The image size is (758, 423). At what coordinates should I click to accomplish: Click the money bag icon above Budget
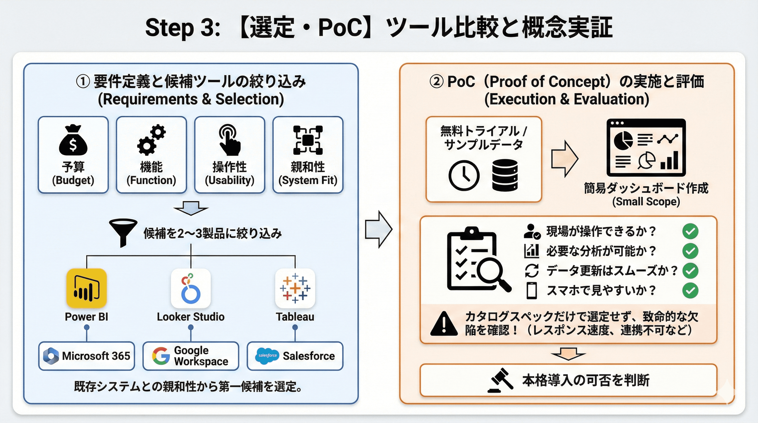coord(73,140)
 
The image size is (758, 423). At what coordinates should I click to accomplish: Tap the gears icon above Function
coord(151,140)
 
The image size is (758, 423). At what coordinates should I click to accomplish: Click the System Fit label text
coord(308,180)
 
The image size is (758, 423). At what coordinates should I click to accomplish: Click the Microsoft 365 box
coord(86,356)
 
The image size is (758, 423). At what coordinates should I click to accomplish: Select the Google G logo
coord(161,356)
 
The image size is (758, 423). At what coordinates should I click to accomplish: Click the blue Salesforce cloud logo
coord(267,356)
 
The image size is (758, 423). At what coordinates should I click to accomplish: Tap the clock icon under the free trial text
coord(464,176)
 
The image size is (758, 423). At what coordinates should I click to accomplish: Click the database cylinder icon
coord(505,175)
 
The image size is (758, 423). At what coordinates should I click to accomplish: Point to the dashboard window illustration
coord(646,147)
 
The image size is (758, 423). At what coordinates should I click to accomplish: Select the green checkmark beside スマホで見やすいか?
coord(690,291)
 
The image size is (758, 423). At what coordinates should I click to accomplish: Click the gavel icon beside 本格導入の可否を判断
coord(501,380)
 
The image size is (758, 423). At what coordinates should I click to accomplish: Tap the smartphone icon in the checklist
coord(531,291)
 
